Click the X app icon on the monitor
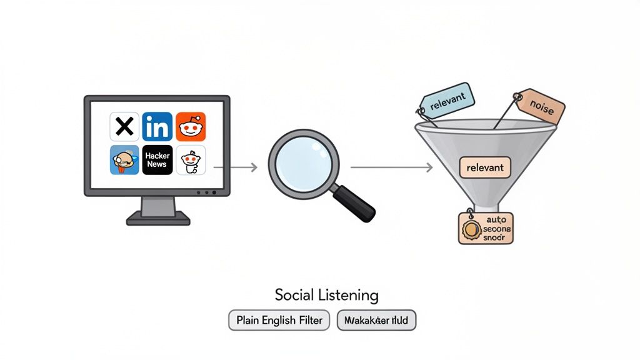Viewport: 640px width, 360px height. click(124, 127)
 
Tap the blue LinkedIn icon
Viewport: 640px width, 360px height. click(157, 127)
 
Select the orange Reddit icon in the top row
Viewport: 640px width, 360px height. click(191, 127)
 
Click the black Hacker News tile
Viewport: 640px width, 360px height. click(157, 159)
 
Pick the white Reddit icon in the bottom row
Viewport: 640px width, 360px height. click(191, 159)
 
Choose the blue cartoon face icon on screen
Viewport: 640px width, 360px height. click(124, 159)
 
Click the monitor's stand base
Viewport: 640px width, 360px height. click(157, 218)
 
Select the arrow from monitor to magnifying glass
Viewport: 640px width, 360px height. click(236, 167)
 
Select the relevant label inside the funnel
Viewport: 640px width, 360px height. click(485, 167)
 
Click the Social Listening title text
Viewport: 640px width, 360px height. click(326, 294)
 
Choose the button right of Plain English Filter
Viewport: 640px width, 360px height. click(376, 321)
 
